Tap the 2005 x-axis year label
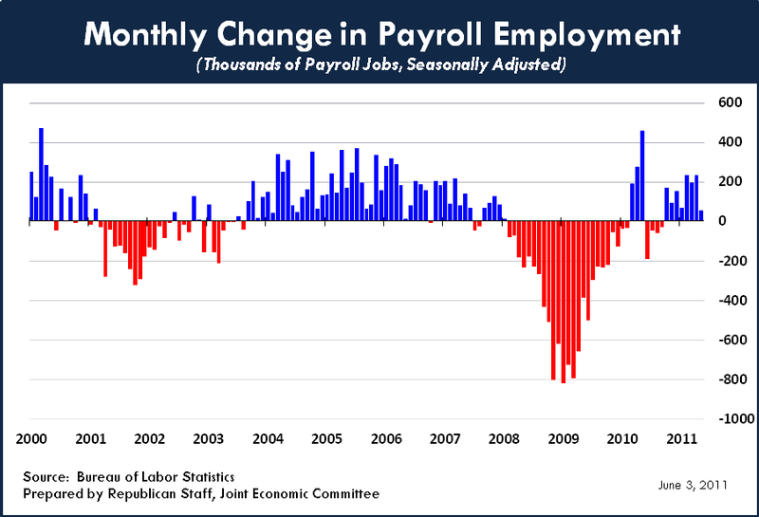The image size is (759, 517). click(326, 439)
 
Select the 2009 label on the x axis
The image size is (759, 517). click(563, 439)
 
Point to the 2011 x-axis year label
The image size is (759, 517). click(680, 439)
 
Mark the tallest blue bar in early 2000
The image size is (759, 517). click(41, 175)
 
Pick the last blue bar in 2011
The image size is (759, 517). click(701, 215)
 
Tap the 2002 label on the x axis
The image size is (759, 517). click(149, 439)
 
